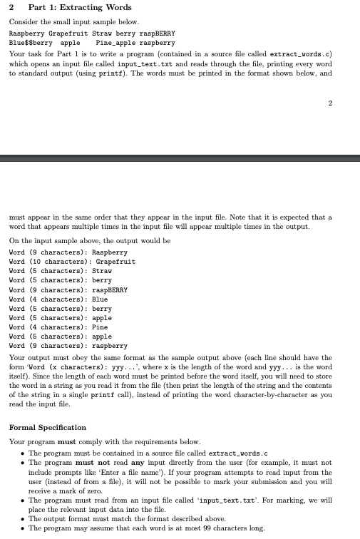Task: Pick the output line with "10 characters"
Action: coord(72,262)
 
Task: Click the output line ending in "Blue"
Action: coord(58,299)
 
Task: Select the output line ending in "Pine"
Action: coord(58,327)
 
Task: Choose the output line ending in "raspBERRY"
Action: coord(68,290)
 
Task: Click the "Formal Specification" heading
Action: coord(48,427)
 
